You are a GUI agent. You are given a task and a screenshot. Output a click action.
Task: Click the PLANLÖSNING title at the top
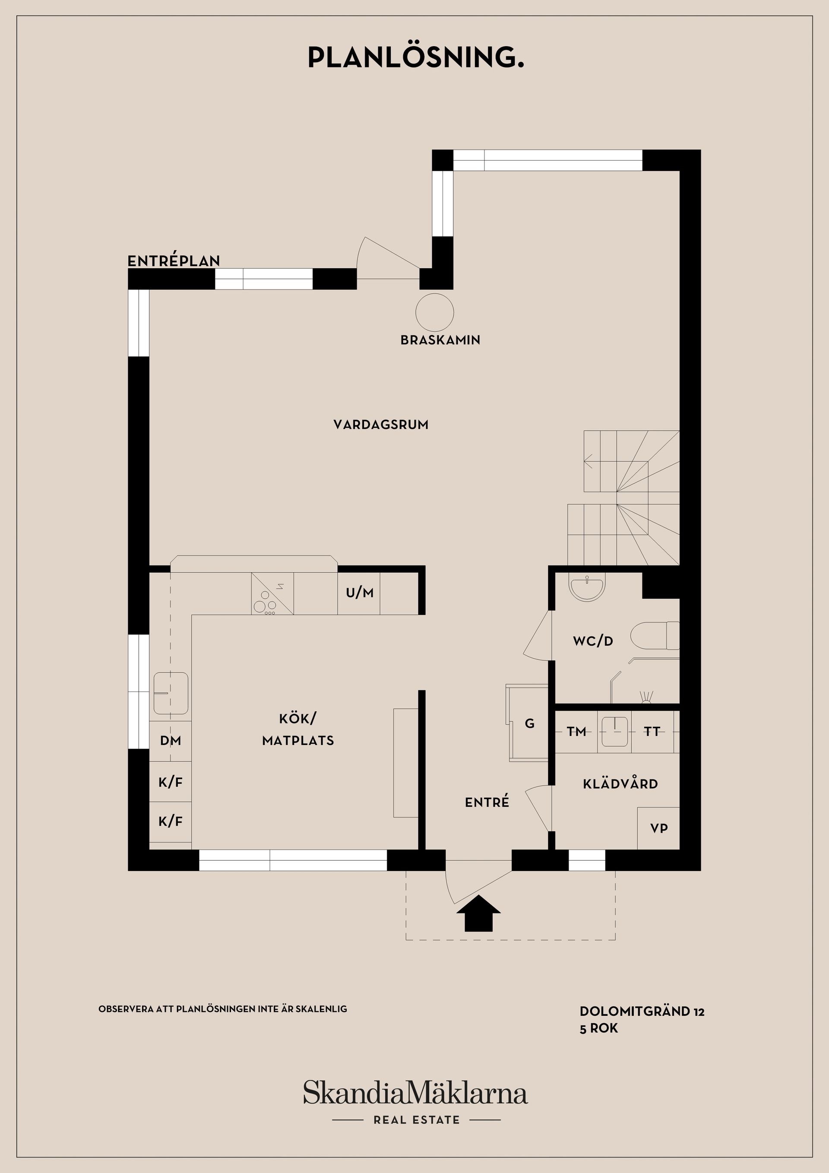tap(415, 58)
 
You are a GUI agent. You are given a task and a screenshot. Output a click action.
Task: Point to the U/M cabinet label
tap(360, 593)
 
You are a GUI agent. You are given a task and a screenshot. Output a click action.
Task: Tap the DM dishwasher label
tap(170, 741)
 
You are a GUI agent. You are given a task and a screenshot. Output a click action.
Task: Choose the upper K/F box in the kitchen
tap(170, 782)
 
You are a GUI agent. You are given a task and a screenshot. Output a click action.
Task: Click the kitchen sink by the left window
tap(171, 693)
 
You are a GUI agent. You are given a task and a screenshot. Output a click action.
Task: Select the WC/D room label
tap(592, 640)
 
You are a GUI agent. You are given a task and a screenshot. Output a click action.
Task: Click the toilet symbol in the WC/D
tap(654, 636)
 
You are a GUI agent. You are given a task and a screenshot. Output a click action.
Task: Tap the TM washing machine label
tap(576, 732)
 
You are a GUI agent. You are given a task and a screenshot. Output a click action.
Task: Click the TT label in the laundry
tap(652, 732)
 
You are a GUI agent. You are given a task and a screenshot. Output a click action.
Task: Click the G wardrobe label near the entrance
tap(530, 723)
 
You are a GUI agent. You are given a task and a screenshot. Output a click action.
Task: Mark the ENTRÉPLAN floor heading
tap(174, 261)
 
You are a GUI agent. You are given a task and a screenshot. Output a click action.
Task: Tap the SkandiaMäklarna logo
tap(415, 1094)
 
